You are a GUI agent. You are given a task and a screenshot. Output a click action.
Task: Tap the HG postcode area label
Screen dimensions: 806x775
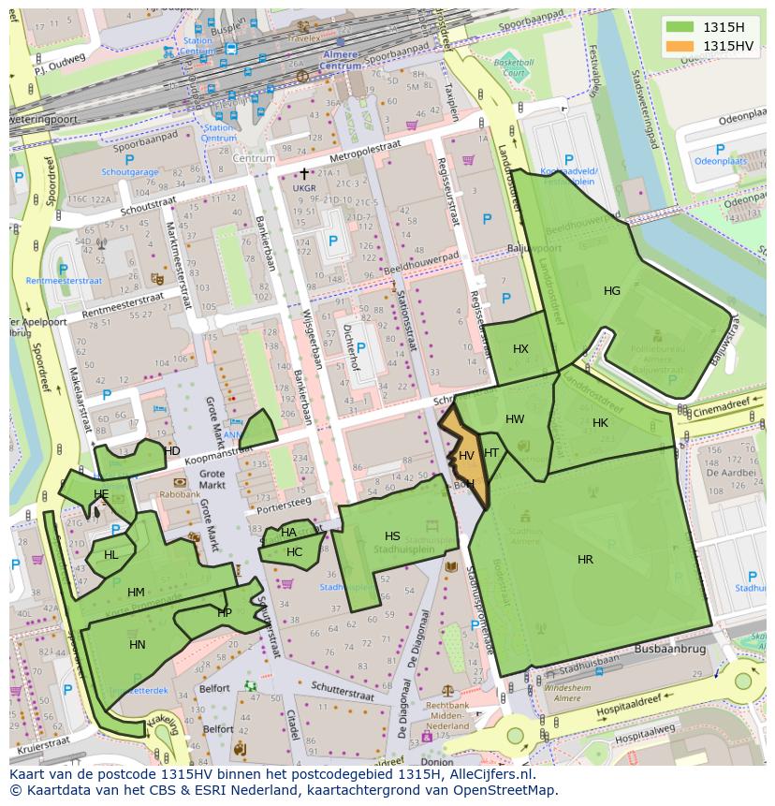pyautogui.click(x=611, y=291)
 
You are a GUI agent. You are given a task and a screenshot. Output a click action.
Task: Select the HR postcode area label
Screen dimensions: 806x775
pyautogui.click(x=585, y=560)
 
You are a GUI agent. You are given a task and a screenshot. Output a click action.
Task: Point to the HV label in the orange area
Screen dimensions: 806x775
pyautogui.click(x=466, y=456)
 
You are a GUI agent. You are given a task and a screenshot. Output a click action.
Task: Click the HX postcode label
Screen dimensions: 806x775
pyautogui.click(x=520, y=349)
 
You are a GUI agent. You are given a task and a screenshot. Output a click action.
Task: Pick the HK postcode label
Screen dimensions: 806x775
pyautogui.click(x=600, y=423)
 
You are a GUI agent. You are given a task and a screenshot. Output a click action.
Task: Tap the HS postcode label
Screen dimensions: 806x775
pyautogui.click(x=392, y=536)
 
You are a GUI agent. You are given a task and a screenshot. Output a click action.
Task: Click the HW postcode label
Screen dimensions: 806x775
pyautogui.click(x=515, y=419)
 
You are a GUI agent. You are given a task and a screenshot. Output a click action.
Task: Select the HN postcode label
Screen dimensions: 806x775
pyautogui.click(x=138, y=645)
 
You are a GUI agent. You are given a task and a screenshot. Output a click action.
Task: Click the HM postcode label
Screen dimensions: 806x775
pyautogui.click(x=136, y=593)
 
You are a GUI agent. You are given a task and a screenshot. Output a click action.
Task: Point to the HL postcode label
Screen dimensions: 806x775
pyautogui.click(x=111, y=555)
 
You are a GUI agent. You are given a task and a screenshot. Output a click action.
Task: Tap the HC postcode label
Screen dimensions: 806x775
pyautogui.click(x=294, y=552)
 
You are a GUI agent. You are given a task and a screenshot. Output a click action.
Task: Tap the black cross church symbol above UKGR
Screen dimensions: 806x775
pyautogui.click(x=303, y=173)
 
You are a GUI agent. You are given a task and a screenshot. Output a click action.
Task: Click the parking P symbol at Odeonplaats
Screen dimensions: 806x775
pyautogui.click(x=719, y=150)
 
